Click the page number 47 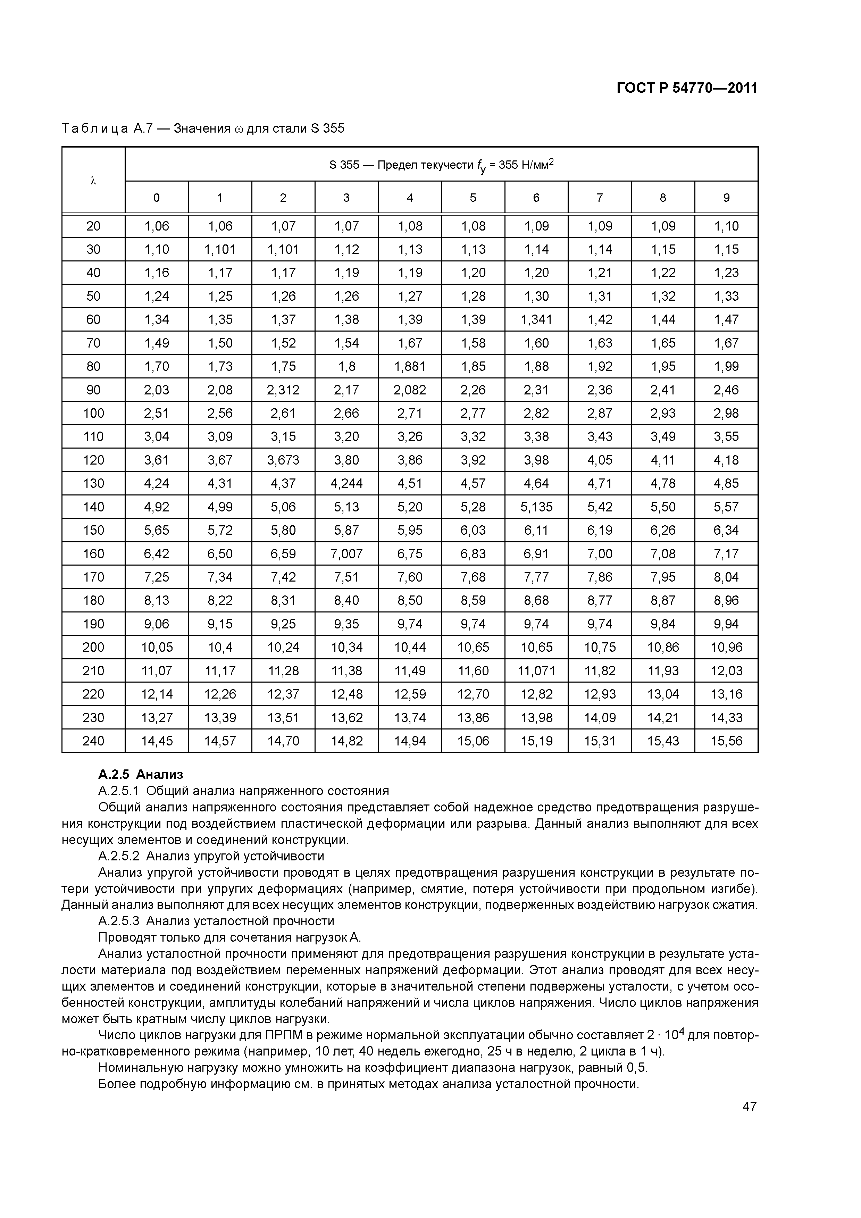click(749, 1106)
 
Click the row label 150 click(93, 530)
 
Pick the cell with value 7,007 click(346, 554)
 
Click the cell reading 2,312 click(283, 390)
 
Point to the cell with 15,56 click(726, 741)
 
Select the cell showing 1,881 click(410, 367)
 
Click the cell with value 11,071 click(536, 670)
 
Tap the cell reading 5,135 click(536, 507)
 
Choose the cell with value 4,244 click(346, 483)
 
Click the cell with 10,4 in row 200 click(220, 647)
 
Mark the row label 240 click(93, 741)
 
